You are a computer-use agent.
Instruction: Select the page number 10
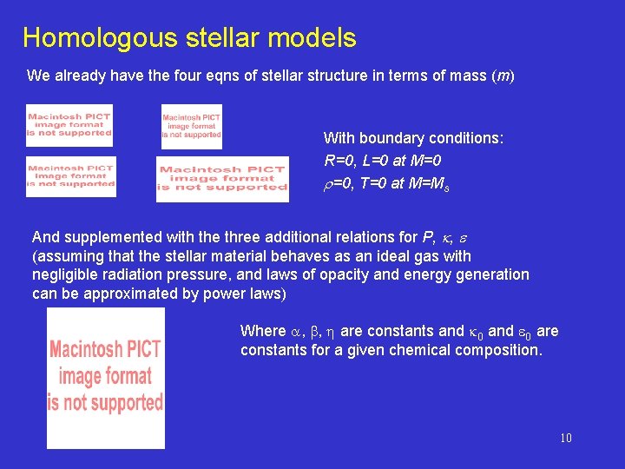click(565, 438)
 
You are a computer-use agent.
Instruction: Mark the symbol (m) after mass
click(503, 76)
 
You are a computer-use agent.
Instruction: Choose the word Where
click(262, 331)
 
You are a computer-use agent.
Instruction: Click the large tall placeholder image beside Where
click(105, 379)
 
